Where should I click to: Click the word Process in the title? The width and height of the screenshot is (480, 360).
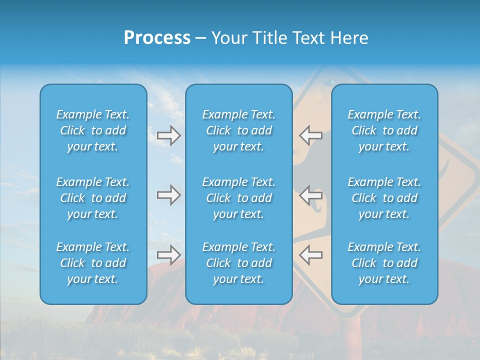click(157, 38)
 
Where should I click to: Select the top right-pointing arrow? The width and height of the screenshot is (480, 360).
click(168, 135)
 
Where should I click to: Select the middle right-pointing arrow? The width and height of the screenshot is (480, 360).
click(168, 194)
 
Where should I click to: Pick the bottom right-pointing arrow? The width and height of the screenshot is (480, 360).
click(168, 254)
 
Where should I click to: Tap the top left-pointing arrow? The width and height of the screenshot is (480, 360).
click(311, 135)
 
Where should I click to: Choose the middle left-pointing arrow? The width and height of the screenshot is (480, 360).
click(311, 194)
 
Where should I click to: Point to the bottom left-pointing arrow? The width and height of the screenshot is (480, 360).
click(311, 254)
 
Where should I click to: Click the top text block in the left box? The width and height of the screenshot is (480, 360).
click(93, 130)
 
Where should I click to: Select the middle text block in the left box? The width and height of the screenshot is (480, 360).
click(93, 198)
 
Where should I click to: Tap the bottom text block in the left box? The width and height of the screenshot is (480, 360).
click(93, 263)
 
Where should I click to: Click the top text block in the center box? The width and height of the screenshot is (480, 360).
click(238, 130)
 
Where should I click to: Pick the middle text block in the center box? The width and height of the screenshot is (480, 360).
click(238, 198)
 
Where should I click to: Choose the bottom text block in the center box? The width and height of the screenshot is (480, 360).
click(238, 263)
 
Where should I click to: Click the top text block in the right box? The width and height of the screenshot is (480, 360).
click(384, 130)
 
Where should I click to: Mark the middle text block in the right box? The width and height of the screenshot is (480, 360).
click(384, 198)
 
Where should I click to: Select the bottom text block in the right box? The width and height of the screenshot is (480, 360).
click(384, 263)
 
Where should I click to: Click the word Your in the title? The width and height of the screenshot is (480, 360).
click(228, 38)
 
